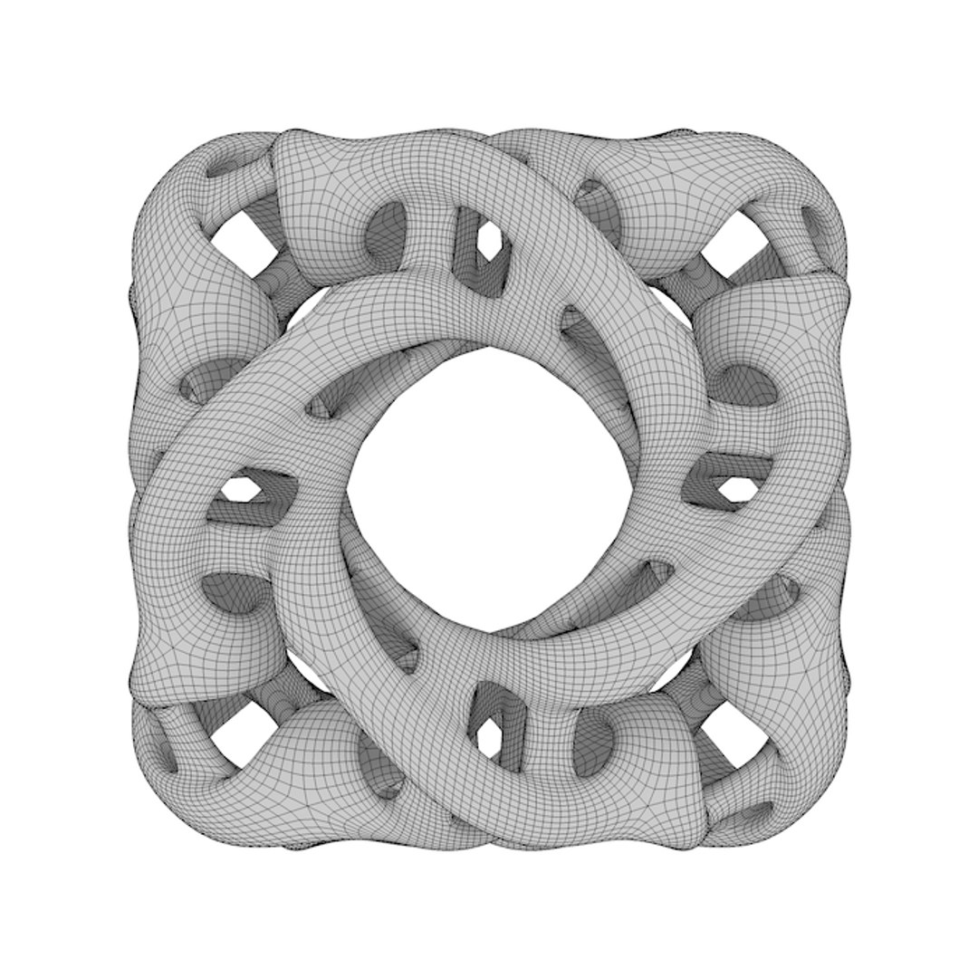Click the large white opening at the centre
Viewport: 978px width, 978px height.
[489, 489]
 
